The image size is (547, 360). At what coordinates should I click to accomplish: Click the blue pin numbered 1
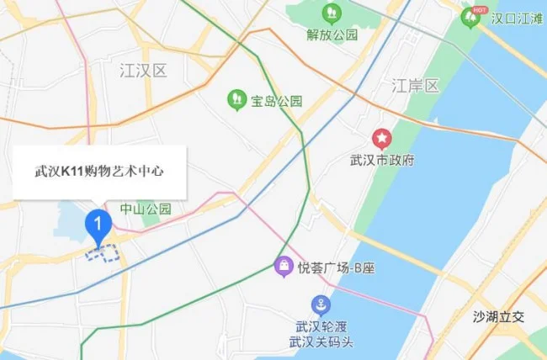pyautogui.click(x=99, y=225)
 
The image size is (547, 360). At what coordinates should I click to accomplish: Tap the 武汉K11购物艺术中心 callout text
pyautogui.click(x=98, y=171)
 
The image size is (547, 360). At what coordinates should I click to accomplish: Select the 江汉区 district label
pyautogui.click(x=143, y=70)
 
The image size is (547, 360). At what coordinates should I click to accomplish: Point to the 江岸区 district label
pyautogui.click(x=416, y=86)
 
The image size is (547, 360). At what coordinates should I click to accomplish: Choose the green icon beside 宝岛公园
pyautogui.click(x=237, y=100)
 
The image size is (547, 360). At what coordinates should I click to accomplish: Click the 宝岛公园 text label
pyautogui.click(x=276, y=101)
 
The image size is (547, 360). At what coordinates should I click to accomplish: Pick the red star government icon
pyautogui.click(x=382, y=137)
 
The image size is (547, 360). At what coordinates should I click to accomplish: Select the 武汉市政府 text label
pyautogui.click(x=382, y=160)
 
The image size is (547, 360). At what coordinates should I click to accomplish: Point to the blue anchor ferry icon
pyautogui.click(x=321, y=304)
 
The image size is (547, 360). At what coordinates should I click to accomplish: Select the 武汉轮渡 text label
pyautogui.click(x=321, y=326)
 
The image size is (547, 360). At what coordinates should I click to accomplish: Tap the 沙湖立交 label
pyautogui.click(x=498, y=316)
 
